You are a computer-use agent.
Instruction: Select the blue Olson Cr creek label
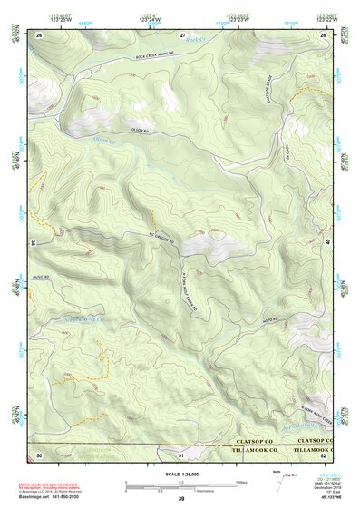[106, 140]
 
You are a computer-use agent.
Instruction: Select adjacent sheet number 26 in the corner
[39, 34]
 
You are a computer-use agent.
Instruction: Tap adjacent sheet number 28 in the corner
[323, 34]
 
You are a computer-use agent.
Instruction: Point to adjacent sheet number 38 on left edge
[34, 243]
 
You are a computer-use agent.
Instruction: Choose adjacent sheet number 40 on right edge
[327, 243]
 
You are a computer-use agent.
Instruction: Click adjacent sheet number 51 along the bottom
[180, 454]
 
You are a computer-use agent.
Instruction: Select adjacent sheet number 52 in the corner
[323, 454]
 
